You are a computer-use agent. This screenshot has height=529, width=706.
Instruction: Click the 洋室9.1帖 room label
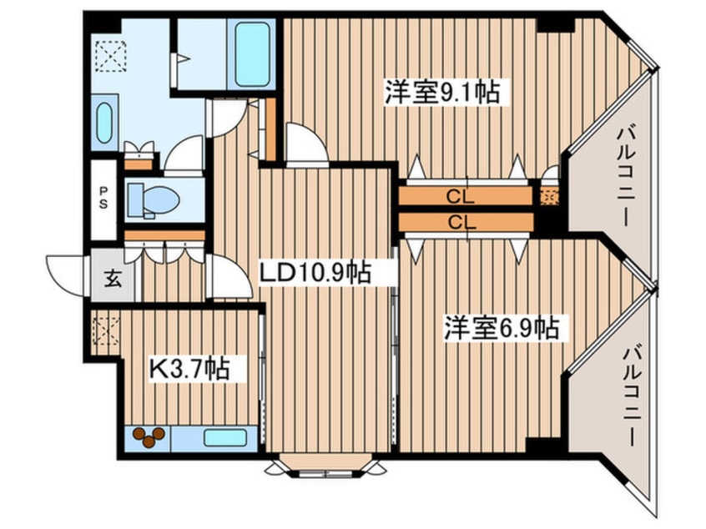[x=441, y=93]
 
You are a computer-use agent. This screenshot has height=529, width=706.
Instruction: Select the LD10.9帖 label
[x=314, y=272]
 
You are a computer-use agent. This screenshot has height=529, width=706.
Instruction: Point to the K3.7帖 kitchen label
[x=189, y=368]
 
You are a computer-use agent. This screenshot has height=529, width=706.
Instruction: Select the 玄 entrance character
[x=111, y=279]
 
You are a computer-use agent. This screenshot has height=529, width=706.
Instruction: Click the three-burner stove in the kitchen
[x=149, y=438]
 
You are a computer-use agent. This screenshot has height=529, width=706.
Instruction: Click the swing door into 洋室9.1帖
[x=304, y=144]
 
